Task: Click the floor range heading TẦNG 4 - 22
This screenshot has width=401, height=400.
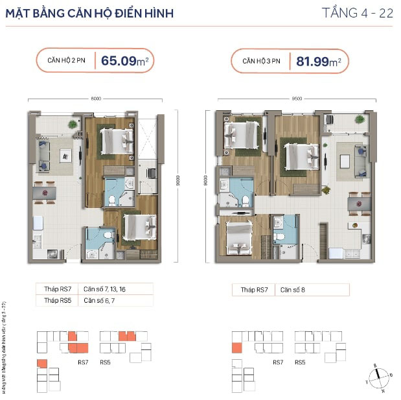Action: tap(358, 13)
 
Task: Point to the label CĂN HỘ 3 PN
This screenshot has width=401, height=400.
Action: tap(262, 62)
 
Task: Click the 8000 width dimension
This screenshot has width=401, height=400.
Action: tap(96, 99)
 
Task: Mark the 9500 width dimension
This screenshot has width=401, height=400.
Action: tap(297, 99)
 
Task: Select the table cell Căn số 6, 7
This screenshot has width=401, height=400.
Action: tap(97, 301)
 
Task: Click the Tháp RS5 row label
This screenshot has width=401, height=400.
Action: tap(56, 301)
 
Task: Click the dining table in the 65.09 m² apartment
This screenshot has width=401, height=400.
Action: tap(44, 192)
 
